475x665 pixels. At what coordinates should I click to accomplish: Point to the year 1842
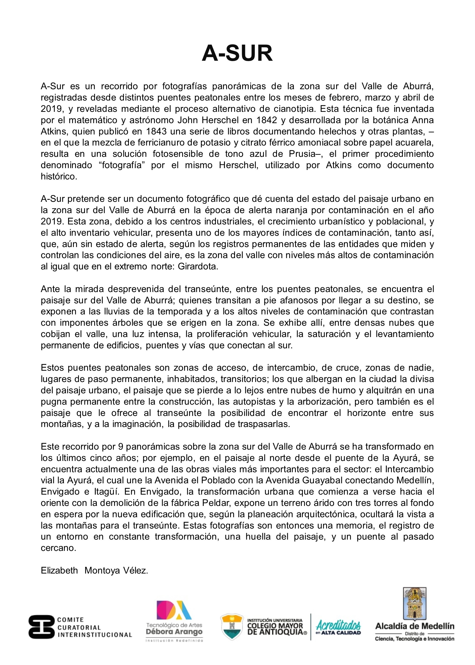coord(267,120)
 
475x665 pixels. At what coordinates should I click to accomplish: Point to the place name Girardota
coord(198,267)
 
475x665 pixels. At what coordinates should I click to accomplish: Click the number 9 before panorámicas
coord(121,447)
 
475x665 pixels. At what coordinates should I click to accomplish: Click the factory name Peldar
coord(217,503)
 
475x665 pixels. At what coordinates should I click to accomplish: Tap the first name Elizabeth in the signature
coord(59,571)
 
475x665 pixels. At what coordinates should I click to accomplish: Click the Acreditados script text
coord(339,626)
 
